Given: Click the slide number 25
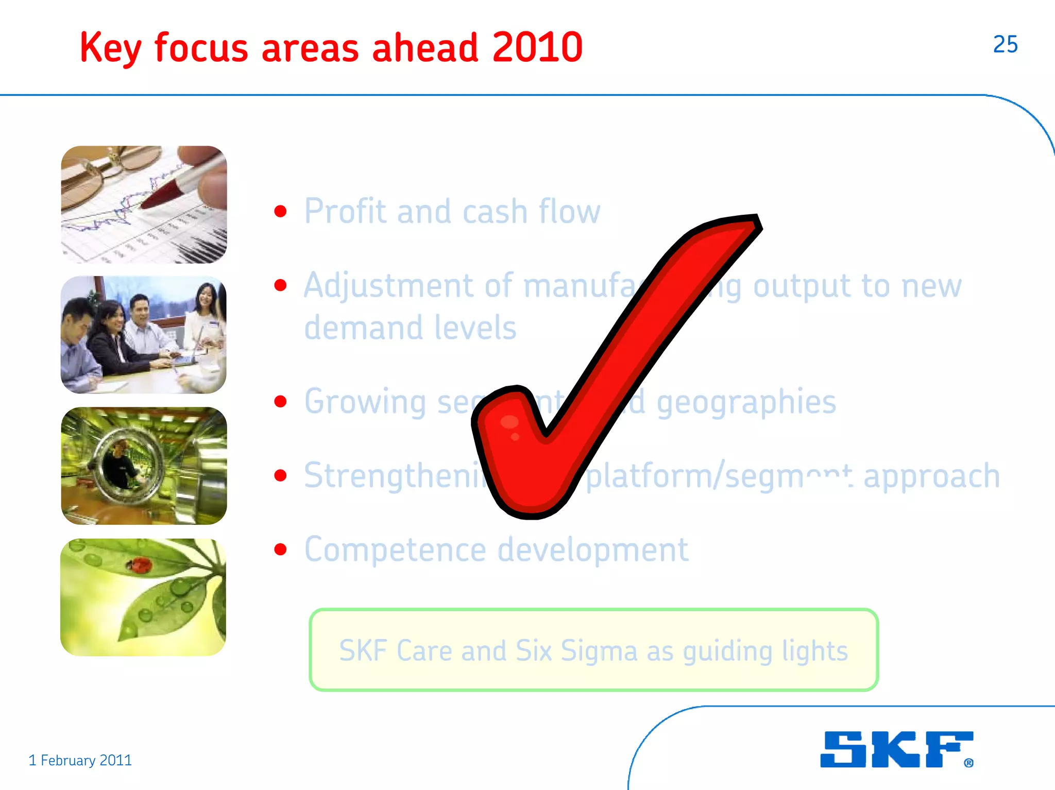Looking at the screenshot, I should [1005, 44].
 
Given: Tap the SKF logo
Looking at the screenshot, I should [896, 749].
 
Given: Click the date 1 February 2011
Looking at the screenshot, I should [80, 760].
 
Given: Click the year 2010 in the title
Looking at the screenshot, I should [537, 47].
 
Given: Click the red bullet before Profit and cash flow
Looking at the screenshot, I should [280, 211].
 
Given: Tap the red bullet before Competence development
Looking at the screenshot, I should [280, 549].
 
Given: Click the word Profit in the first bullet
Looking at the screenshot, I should [345, 211].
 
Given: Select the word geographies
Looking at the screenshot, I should [746, 402].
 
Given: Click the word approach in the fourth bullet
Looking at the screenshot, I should [931, 475].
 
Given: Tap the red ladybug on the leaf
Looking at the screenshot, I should [139, 565].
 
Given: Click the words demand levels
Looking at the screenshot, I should [410, 328].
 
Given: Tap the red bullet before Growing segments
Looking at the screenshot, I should [280, 402].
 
